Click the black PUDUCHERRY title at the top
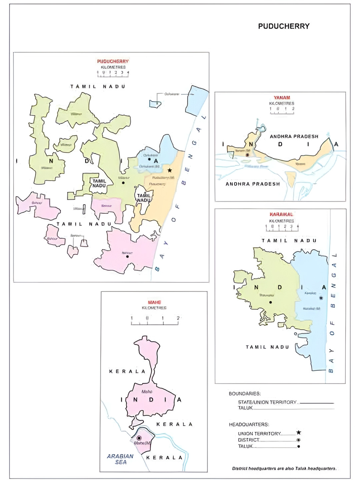click(284, 26)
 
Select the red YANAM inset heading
click(282, 98)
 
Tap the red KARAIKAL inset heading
click(281, 214)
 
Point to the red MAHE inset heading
click(154, 302)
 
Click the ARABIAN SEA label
click(120, 459)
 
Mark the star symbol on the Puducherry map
click(170, 170)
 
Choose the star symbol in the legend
click(299, 432)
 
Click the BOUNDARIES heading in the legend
click(245, 394)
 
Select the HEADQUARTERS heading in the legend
click(249, 424)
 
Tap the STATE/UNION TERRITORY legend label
click(267, 402)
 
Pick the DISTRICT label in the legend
click(248, 440)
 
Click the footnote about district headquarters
click(284, 468)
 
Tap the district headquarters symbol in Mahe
click(139, 438)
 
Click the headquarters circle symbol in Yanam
click(247, 155)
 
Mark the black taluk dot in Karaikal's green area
click(270, 302)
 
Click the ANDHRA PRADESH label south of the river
click(253, 184)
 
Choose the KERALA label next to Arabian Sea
click(164, 458)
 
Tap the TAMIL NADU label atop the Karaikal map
click(289, 241)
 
